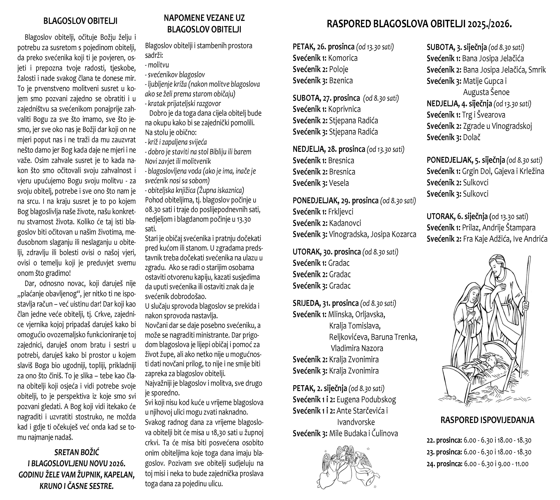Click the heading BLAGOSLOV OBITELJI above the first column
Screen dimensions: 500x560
point(80,21)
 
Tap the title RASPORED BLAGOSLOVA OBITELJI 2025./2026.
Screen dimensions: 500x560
point(419,24)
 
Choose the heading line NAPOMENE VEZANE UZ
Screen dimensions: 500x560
point(204,18)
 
